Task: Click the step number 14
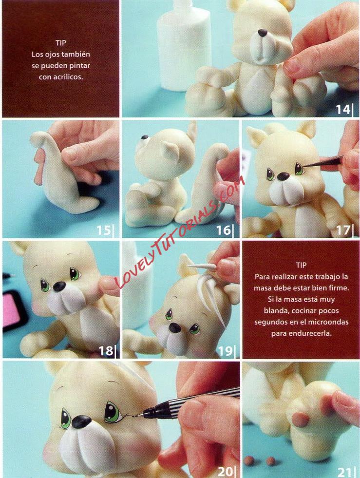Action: (343, 109)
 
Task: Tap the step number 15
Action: (103, 230)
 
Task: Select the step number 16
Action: (224, 230)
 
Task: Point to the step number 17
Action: (343, 230)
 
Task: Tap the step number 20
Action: (225, 471)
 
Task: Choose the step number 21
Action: (345, 472)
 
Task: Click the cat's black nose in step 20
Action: (81, 422)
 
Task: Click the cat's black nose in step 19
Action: (175, 328)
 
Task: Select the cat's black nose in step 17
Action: (283, 176)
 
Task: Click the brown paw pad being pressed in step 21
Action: (301, 420)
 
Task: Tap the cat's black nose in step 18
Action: (59, 286)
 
